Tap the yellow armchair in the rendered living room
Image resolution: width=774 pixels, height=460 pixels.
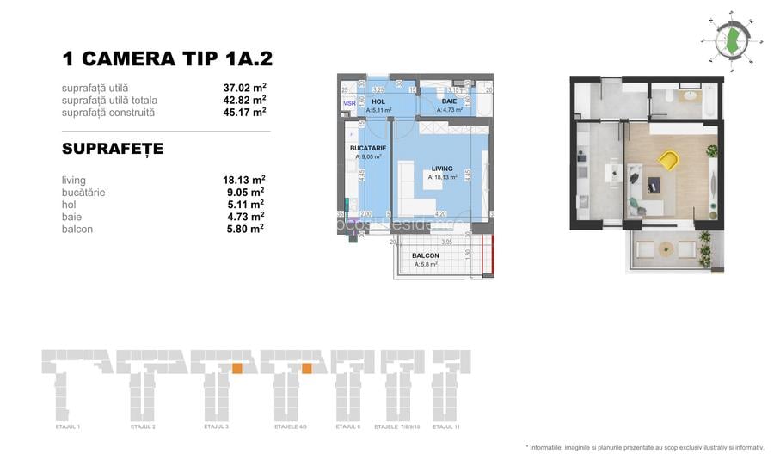click(668, 160)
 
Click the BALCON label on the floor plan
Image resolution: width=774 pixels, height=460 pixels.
click(425, 255)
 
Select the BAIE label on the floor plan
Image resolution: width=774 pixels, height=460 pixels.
click(450, 101)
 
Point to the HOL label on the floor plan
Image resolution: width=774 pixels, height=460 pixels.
click(378, 101)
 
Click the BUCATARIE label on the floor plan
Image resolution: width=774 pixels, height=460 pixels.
click(368, 148)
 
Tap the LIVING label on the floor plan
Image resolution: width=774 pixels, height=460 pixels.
click(442, 169)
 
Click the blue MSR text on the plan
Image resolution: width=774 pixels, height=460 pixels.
click(349, 103)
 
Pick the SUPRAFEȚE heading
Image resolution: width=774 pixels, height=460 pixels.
click(113, 150)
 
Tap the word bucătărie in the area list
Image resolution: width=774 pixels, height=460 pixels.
click(84, 193)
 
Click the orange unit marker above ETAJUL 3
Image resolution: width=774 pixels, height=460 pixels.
click(236, 369)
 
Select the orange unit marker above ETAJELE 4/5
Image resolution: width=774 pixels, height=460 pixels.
click(306, 369)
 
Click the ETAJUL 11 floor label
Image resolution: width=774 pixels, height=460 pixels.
click(446, 426)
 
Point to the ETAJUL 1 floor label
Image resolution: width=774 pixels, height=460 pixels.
click(66, 426)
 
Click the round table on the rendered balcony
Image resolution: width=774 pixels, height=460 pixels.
click(665, 250)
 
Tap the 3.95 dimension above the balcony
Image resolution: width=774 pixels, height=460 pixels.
click(434, 242)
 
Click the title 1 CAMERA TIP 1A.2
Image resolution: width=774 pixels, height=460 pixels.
click(167, 58)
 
